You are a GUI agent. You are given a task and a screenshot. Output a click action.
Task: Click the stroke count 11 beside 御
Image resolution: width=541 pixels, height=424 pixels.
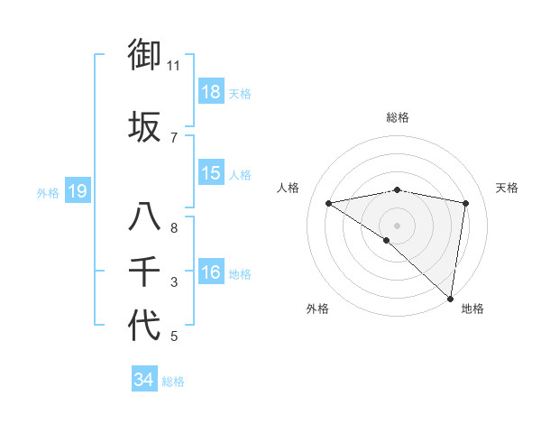174,66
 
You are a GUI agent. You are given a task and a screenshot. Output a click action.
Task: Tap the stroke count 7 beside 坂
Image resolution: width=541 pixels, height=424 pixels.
174,138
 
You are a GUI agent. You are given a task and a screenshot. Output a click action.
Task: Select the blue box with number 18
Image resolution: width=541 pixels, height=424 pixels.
211,92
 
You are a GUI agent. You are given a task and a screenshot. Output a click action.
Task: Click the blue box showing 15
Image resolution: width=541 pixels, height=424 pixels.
211,173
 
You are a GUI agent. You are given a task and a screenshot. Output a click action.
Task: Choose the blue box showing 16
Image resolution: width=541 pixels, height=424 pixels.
211,272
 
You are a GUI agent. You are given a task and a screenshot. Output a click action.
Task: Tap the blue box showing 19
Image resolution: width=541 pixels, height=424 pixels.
77,191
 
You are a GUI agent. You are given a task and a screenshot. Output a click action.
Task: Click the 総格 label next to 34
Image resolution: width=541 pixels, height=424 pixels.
173,382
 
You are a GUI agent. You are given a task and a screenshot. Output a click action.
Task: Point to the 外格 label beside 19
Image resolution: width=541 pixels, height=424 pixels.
48,192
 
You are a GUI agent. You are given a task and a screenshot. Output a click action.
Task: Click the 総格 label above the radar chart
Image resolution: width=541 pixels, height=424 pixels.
397,117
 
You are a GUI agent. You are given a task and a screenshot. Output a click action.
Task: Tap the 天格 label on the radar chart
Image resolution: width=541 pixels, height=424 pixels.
508,188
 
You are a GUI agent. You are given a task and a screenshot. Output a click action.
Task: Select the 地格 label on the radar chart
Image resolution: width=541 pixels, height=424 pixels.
472,309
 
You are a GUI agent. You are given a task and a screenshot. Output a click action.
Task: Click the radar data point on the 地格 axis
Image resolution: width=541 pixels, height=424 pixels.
450,298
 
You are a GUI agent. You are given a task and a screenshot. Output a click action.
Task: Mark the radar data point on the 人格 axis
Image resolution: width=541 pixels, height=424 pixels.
328,203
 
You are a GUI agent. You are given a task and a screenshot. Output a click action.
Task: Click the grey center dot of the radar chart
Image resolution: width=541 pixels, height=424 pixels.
397,224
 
